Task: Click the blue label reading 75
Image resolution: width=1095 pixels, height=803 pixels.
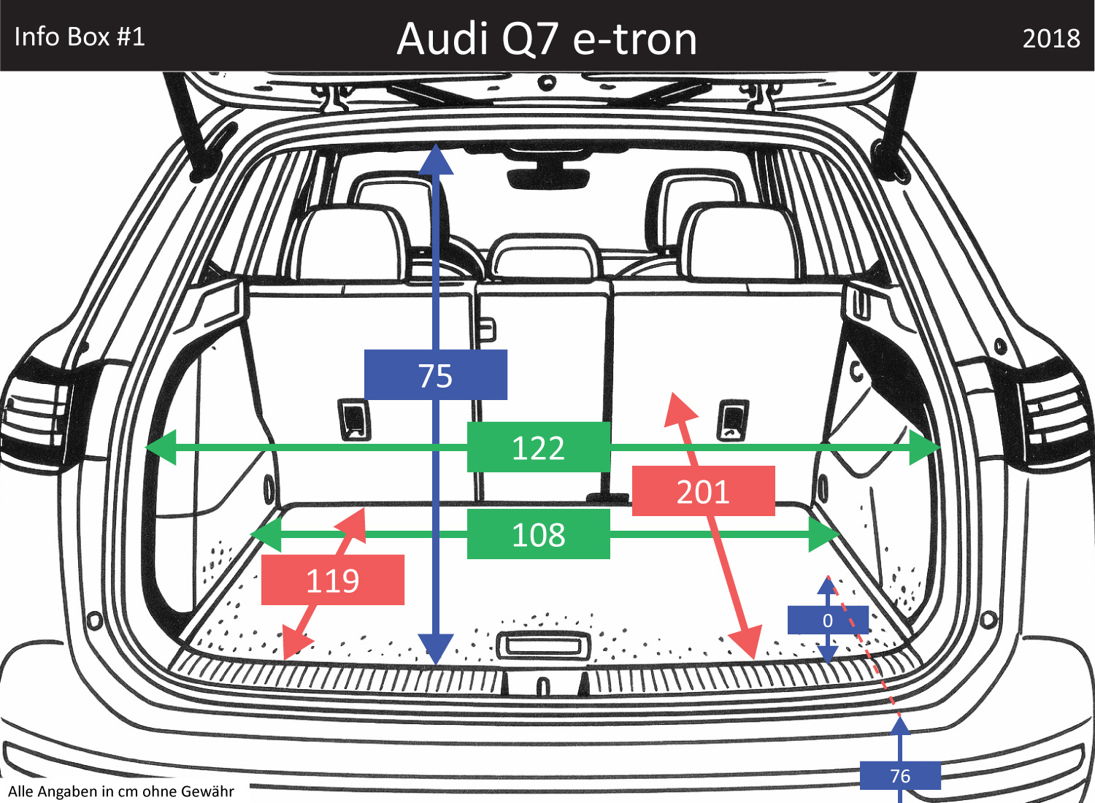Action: [436, 375]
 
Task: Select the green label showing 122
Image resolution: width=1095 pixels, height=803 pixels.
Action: [538, 447]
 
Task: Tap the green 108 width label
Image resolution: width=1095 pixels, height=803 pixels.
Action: [538, 534]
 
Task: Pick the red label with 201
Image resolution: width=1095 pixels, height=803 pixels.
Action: [703, 491]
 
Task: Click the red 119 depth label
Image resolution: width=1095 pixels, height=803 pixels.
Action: [332, 580]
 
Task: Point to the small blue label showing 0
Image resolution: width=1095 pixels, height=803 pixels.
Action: [827, 620]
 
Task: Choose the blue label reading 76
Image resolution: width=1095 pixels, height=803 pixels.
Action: [900, 775]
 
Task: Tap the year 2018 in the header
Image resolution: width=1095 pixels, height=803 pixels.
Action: [1050, 38]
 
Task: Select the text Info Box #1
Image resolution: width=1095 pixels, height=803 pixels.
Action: [80, 36]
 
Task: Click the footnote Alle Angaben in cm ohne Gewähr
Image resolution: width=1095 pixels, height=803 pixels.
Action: [121, 791]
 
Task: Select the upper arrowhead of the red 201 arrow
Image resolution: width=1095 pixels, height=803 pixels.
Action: [679, 407]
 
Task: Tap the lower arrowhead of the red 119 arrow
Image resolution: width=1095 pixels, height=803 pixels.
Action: [294, 646]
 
